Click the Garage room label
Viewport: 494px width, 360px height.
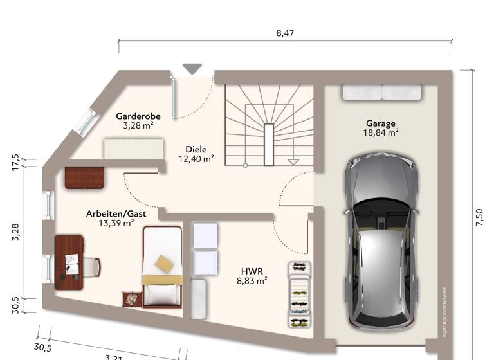[381, 123]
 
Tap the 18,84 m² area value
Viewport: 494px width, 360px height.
[381, 133]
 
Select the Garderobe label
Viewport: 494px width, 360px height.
[138, 116]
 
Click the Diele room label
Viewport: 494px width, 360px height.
[196, 147]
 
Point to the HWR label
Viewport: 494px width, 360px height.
[252, 271]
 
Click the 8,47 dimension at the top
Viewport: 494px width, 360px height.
[285, 33]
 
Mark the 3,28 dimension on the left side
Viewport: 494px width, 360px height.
[16, 233]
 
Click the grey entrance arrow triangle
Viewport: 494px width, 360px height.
[192, 68]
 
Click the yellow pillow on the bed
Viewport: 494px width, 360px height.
[163, 263]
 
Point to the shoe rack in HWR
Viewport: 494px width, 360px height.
[298, 295]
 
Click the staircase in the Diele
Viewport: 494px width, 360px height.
[269, 125]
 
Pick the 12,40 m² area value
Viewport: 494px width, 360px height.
[196, 157]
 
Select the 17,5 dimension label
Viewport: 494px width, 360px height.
[16, 161]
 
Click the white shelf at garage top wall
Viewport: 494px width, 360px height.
[381, 93]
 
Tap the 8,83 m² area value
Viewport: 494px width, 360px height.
[252, 280]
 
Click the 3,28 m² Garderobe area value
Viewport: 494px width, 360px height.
[138, 126]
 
